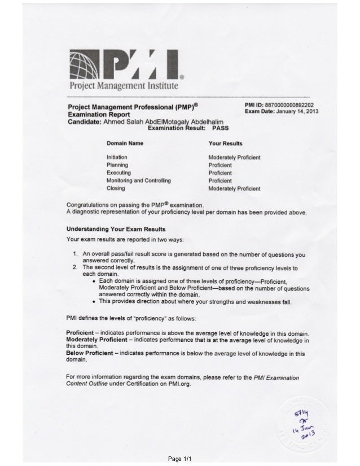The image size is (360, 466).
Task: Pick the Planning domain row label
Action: [x=117, y=164]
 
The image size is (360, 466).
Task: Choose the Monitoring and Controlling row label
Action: [x=138, y=180]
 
